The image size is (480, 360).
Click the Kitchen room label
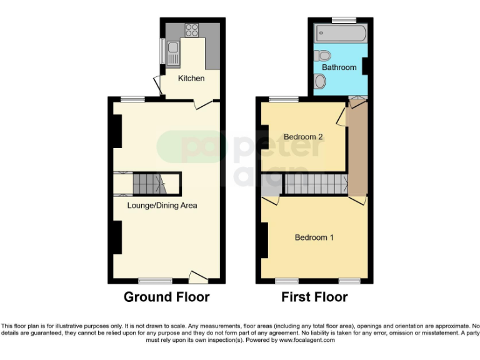click(191, 78)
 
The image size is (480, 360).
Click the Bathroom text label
click(339, 67)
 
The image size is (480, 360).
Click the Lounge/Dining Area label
click(162, 205)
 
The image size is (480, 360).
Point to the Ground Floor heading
click(166, 297)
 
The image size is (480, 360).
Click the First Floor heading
click(314, 297)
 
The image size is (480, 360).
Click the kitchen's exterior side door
click(158, 86)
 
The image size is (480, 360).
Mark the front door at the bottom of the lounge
click(199, 276)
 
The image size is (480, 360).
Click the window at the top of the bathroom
click(342, 20)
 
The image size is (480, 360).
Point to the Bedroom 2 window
click(283, 99)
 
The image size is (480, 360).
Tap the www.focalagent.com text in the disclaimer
click(307, 341)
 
